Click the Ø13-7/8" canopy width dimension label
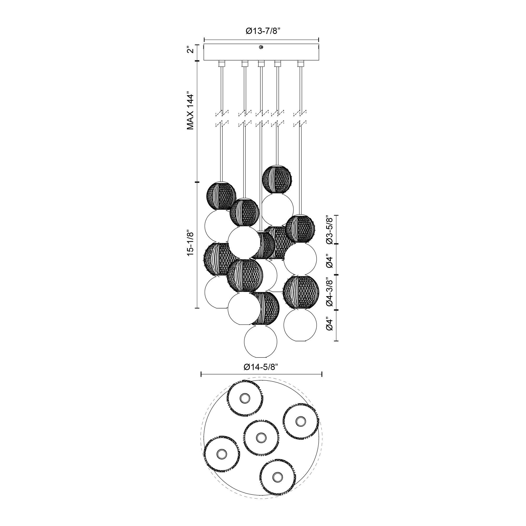pyautogui.click(x=263, y=31)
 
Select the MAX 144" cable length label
pyautogui.click(x=190, y=112)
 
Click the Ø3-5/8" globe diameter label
pyautogui.click(x=330, y=230)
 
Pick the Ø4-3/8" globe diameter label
pyautogui.click(x=330, y=292)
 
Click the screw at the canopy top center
pyautogui.click(x=261, y=47)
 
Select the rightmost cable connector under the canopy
pyautogui.click(x=301, y=64)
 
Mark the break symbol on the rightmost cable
pyautogui.click(x=301, y=118)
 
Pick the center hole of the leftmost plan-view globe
pyautogui.click(x=221, y=454)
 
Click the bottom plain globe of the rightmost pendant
pyautogui.click(x=300, y=325)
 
